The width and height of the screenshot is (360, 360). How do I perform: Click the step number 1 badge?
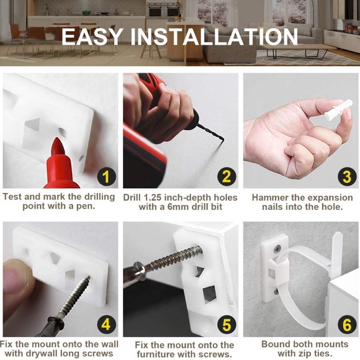pyautogui.click(x=106, y=176)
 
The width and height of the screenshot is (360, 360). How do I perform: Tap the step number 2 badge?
pyautogui.click(x=227, y=176)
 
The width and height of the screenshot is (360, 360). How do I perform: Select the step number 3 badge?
pyautogui.click(x=347, y=176)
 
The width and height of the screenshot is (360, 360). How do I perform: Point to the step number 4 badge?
pyautogui.click(x=106, y=325)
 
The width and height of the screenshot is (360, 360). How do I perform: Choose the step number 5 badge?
pyautogui.click(x=227, y=325)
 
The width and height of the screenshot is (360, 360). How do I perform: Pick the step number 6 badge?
pyautogui.click(x=347, y=325)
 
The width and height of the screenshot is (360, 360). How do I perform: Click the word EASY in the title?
pyautogui.click(x=92, y=37)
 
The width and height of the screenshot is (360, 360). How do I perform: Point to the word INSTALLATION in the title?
pyautogui.click(x=214, y=37)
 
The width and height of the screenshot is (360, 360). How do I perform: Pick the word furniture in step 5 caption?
pyautogui.click(x=156, y=354)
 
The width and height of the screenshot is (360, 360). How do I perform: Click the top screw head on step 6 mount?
pyautogui.click(x=277, y=249)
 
